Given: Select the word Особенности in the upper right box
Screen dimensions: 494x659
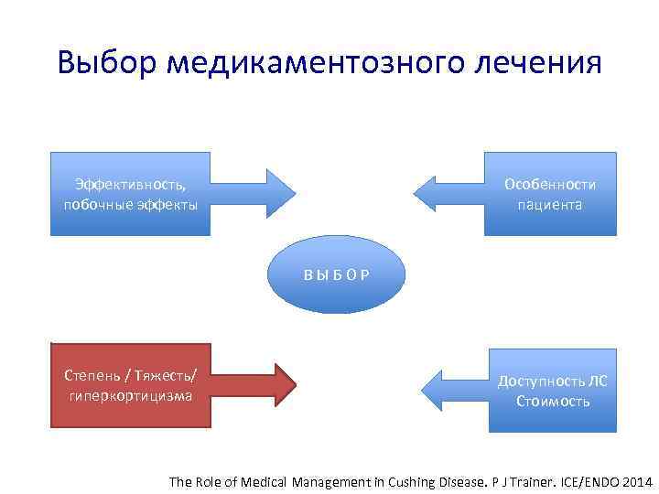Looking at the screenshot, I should point(549,185).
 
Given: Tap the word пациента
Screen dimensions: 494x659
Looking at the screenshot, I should point(549,204).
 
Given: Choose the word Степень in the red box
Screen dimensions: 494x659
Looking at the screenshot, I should point(92,376).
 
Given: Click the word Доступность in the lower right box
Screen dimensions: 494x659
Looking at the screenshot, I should point(534,381).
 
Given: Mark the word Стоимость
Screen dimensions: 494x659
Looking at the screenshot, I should point(553,401).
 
